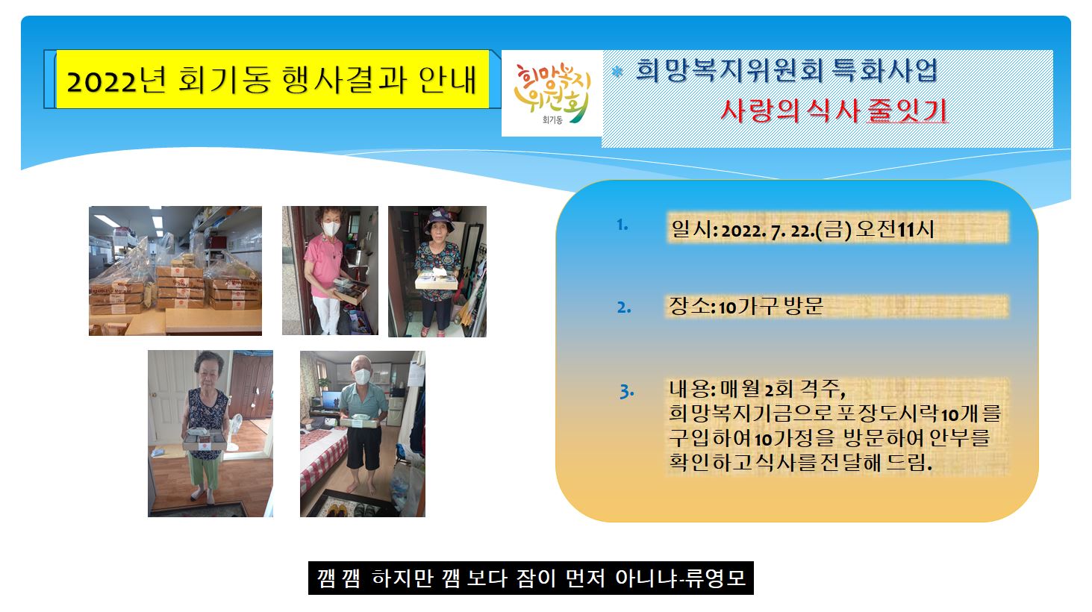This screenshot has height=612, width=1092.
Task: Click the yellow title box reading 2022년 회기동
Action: (x=272, y=79)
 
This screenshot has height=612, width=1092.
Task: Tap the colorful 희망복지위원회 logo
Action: (x=552, y=93)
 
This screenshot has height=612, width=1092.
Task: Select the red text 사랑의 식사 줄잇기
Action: (x=834, y=111)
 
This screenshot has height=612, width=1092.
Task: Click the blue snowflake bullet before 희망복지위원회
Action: (x=617, y=72)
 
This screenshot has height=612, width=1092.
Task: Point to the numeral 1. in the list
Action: (x=623, y=225)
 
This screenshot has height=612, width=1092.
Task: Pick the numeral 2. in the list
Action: (x=624, y=307)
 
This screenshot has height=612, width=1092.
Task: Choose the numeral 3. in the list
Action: (x=626, y=391)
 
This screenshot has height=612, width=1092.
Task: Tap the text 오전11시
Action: (x=895, y=228)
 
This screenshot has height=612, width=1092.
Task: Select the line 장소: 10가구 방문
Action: (x=746, y=306)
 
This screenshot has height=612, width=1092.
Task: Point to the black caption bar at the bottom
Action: (x=531, y=578)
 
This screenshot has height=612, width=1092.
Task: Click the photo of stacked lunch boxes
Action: (x=175, y=270)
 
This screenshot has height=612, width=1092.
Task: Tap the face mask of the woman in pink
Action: (x=331, y=228)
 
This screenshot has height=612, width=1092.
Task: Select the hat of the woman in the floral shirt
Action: (x=439, y=219)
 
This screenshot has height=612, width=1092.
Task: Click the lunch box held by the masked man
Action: (x=360, y=421)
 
